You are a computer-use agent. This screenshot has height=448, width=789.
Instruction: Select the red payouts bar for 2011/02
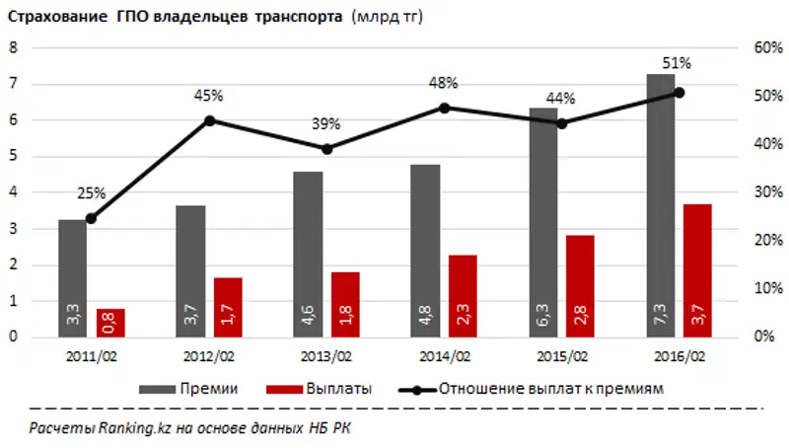(110, 323)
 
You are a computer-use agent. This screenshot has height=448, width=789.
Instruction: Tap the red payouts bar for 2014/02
(463, 296)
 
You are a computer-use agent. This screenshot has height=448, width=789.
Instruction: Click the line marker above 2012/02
(209, 120)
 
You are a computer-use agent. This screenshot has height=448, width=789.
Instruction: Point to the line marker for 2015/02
(562, 124)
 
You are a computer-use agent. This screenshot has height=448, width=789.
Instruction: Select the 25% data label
(91, 194)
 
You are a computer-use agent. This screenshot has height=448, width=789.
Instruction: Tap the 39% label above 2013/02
(326, 124)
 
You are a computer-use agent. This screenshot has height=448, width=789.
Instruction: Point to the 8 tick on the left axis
(15, 47)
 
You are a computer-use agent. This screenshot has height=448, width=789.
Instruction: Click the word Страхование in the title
(53, 18)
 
